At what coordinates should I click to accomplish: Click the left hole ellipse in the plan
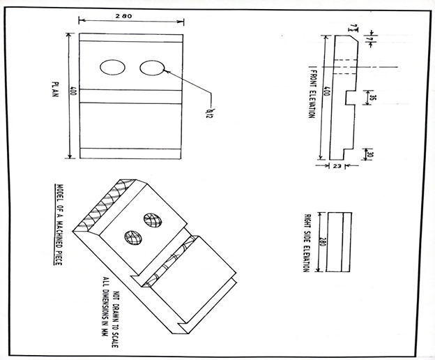112,67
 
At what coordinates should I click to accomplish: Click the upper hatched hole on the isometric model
152,220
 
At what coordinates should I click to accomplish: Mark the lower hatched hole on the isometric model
131,236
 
